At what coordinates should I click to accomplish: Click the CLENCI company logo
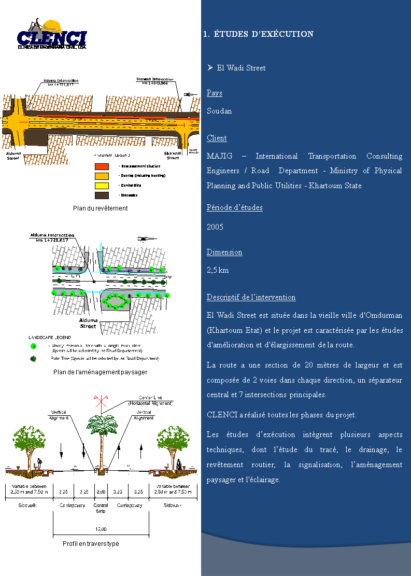(52, 35)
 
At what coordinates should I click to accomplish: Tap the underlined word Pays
(214, 93)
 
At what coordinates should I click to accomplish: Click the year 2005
(215, 227)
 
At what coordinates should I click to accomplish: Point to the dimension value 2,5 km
(218, 270)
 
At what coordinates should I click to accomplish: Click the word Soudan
(219, 111)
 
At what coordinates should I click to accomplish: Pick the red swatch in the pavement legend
(102, 166)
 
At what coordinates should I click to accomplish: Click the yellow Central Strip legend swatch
(102, 186)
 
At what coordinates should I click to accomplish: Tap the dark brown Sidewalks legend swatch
(102, 195)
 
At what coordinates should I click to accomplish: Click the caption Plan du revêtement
(100, 208)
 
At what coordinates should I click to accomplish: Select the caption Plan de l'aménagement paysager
(100, 372)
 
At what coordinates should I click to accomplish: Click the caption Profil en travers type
(91, 544)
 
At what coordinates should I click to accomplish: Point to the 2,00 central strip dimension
(101, 491)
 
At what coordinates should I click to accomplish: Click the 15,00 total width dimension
(101, 529)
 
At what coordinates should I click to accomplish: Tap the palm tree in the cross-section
(101, 430)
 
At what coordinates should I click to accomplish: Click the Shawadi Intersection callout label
(155, 81)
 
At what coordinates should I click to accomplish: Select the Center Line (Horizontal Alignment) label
(150, 400)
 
